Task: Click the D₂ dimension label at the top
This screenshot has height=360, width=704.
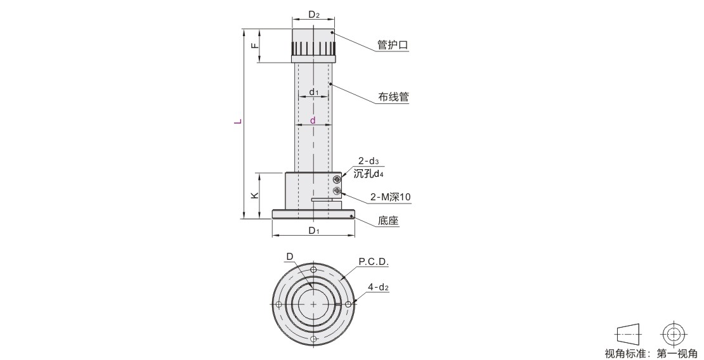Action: coord(314,15)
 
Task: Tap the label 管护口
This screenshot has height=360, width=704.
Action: coord(393,45)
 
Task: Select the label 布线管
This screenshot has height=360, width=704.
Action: coord(393,97)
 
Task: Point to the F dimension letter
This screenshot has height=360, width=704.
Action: coord(254,46)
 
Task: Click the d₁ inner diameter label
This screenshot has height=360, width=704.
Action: coord(314,92)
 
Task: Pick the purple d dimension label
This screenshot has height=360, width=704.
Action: coord(313,120)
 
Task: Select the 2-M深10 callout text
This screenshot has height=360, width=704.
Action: coord(390,196)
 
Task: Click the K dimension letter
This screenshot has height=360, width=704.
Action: coord(254,195)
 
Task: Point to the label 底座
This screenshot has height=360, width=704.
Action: coord(388,221)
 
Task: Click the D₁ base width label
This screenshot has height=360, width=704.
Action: coord(313,231)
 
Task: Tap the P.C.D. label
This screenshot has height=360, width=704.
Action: coord(374,261)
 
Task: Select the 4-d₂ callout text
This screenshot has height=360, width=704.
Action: coord(378,287)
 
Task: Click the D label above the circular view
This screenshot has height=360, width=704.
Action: coord(290,256)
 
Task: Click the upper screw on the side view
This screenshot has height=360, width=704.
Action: coord(337,179)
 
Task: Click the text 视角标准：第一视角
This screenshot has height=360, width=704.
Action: coord(651,353)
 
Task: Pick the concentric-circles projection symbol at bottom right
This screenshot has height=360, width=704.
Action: coord(674,334)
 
